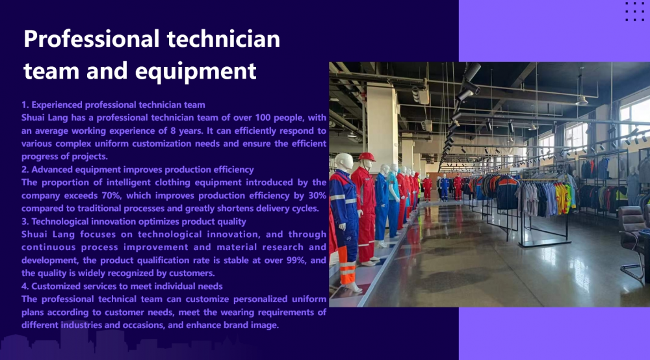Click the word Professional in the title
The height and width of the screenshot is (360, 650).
click(91, 40)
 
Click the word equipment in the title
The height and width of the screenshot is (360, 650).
click(196, 71)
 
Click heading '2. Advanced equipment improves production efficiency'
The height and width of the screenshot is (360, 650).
click(138, 170)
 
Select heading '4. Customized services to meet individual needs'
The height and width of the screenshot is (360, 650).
click(122, 287)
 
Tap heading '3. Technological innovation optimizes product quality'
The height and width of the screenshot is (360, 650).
click(134, 222)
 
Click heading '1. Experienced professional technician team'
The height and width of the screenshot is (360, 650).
click(113, 105)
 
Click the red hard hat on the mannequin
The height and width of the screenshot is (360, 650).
click(367, 157)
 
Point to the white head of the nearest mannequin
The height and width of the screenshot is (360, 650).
click(344, 162)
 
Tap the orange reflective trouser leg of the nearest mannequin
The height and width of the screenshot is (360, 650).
click(347, 272)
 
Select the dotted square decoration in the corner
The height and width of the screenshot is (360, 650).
click(634, 11)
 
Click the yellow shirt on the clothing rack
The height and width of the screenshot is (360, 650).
click(562, 198)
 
